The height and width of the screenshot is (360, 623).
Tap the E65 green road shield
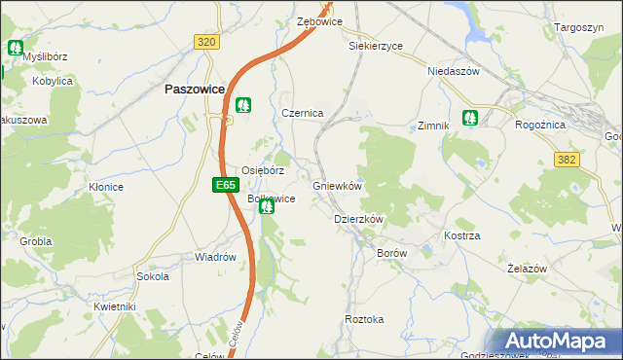point(225,184)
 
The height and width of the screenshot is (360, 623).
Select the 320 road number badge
point(205,42)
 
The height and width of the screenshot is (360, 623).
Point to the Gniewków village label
point(338,186)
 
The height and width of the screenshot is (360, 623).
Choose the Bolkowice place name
point(272,198)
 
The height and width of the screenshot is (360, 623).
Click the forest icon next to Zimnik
point(471,119)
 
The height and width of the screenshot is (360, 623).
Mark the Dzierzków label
point(359,220)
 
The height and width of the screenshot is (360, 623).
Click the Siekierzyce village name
point(375,45)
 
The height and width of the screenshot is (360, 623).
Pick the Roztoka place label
point(364,319)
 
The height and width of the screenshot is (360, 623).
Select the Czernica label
point(302,113)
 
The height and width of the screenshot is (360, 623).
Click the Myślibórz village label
point(51,56)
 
